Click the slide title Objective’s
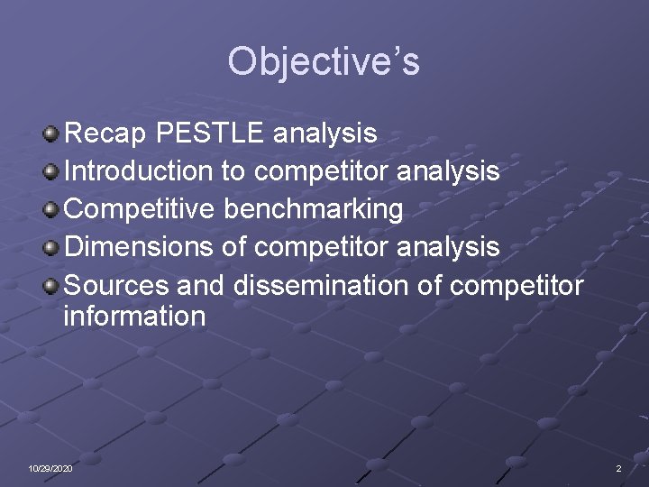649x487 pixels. pyautogui.click(x=324, y=62)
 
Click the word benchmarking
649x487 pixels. pyautogui.click(x=313, y=209)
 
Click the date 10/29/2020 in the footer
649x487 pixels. pyautogui.click(x=50, y=469)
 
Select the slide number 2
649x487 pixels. pyautogui.click(x=618, y=469)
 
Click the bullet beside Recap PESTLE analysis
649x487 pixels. pyautogui.click(x=52, y=135)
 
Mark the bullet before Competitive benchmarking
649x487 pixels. pyautogui.click(x=52, y=210)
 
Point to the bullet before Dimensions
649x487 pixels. pyautogui.click(x=52, y=247)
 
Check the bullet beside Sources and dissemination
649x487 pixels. pyautogui.click(x=52, y=286)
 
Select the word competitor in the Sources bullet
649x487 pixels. pyautogui.click(x=516, y=285)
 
